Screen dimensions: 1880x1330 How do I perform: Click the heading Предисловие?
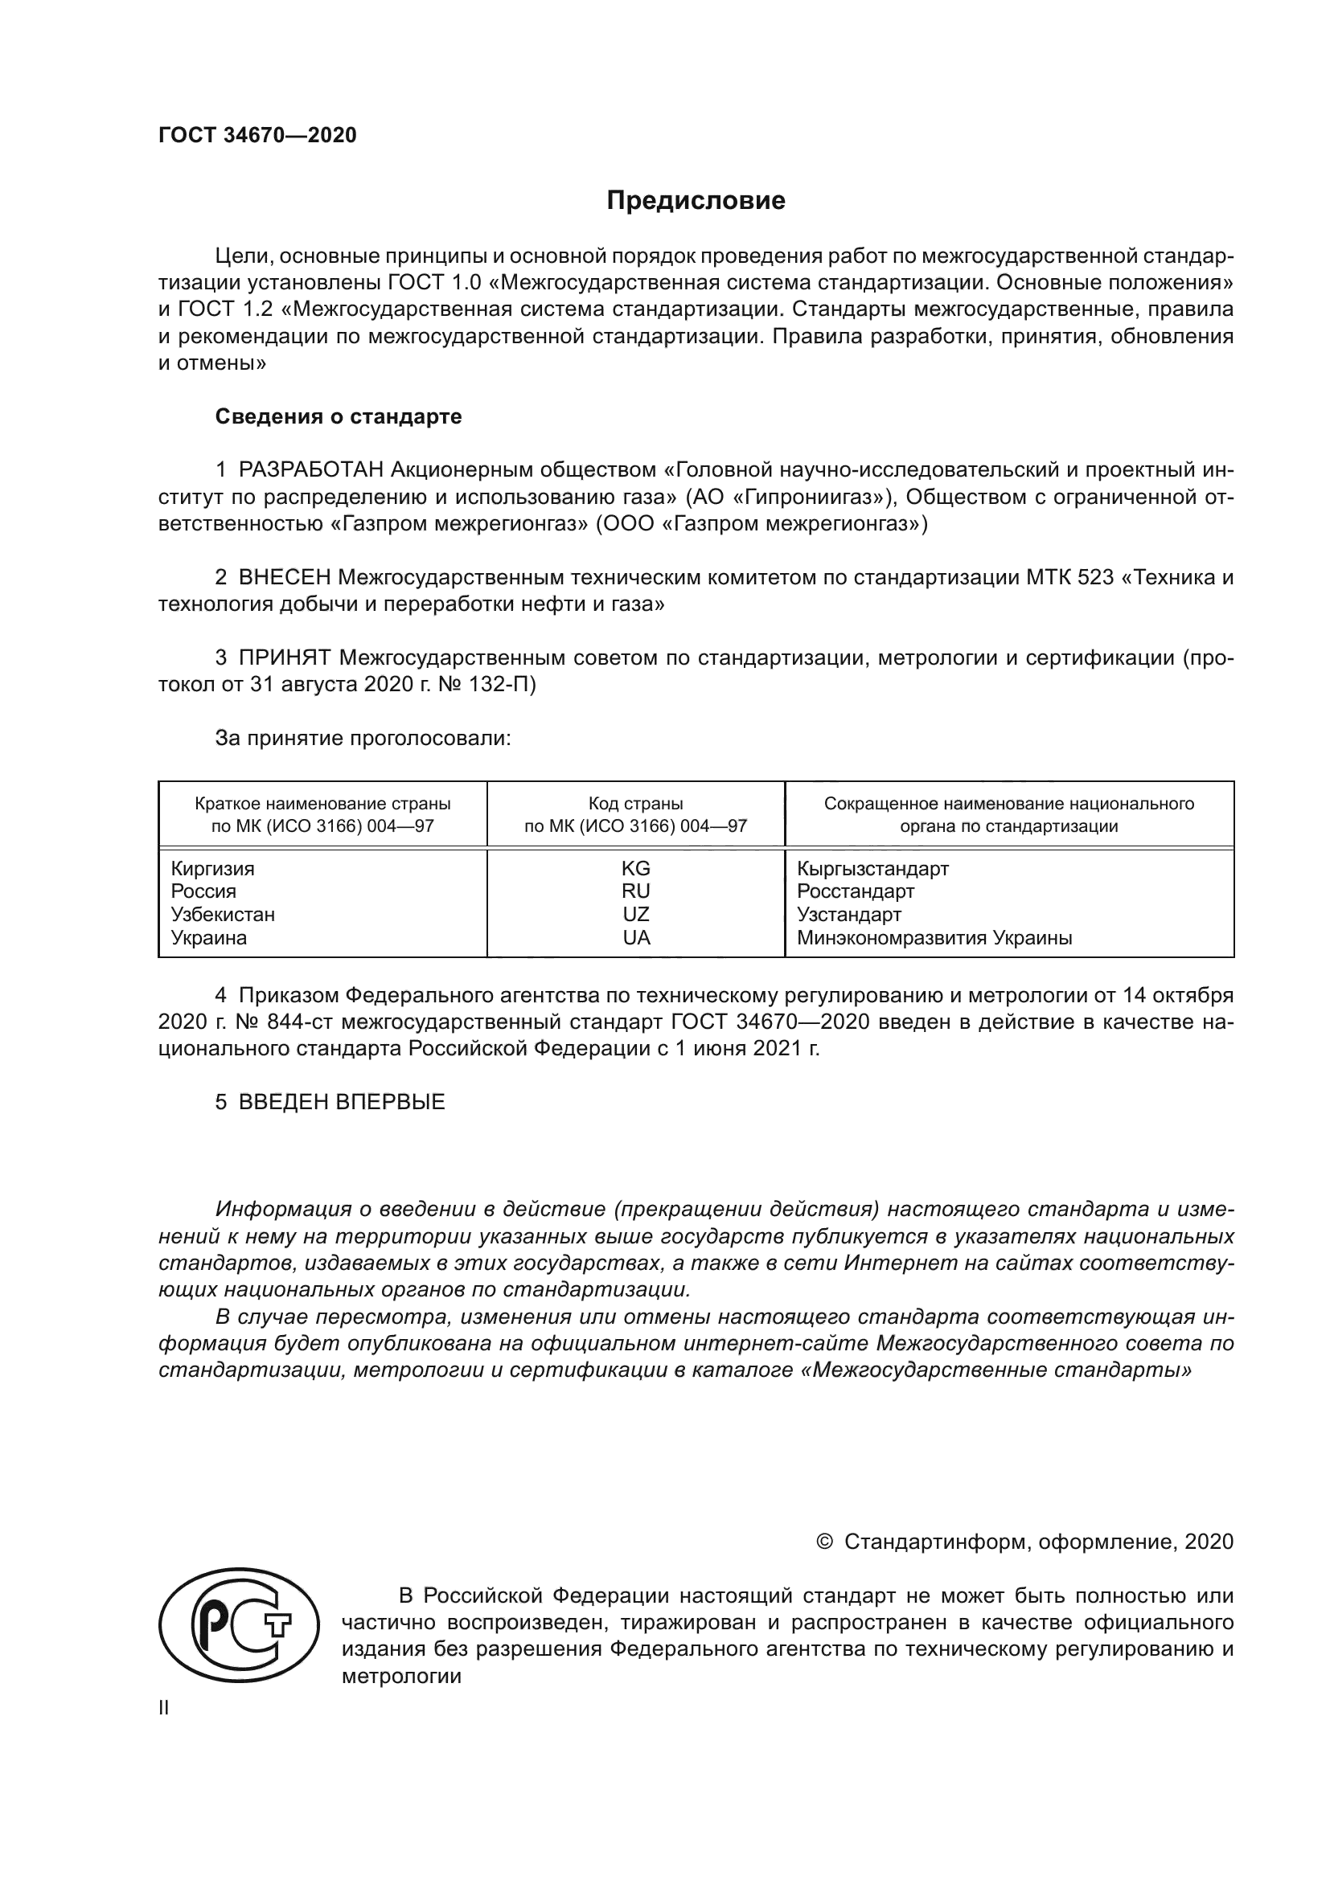click(696, 201)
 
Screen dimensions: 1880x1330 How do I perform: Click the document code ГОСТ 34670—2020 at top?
click(257, 135)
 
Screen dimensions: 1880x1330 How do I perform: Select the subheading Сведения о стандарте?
click(339, 417)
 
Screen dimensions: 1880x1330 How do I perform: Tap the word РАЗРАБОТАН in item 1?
click(311, 470)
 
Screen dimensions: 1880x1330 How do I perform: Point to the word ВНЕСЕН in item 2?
click(285, 578)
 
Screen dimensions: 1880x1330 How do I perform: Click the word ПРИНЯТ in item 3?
click(285, 657)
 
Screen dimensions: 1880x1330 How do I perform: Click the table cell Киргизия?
click(212, 868)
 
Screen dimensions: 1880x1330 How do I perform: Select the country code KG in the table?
click(635, 868)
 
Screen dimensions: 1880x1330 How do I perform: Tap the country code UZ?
click(635, 915)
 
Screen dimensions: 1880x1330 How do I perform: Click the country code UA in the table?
click(635, 937)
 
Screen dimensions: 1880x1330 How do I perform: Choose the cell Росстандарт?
click(855, 891)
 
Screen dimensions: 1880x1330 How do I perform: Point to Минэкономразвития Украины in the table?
click(934, 937)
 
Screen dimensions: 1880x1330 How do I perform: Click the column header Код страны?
click(635, 804)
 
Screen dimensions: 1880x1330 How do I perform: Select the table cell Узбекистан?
click(223, 915)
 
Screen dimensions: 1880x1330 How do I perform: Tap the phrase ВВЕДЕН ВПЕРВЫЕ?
click(342, 1102)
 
